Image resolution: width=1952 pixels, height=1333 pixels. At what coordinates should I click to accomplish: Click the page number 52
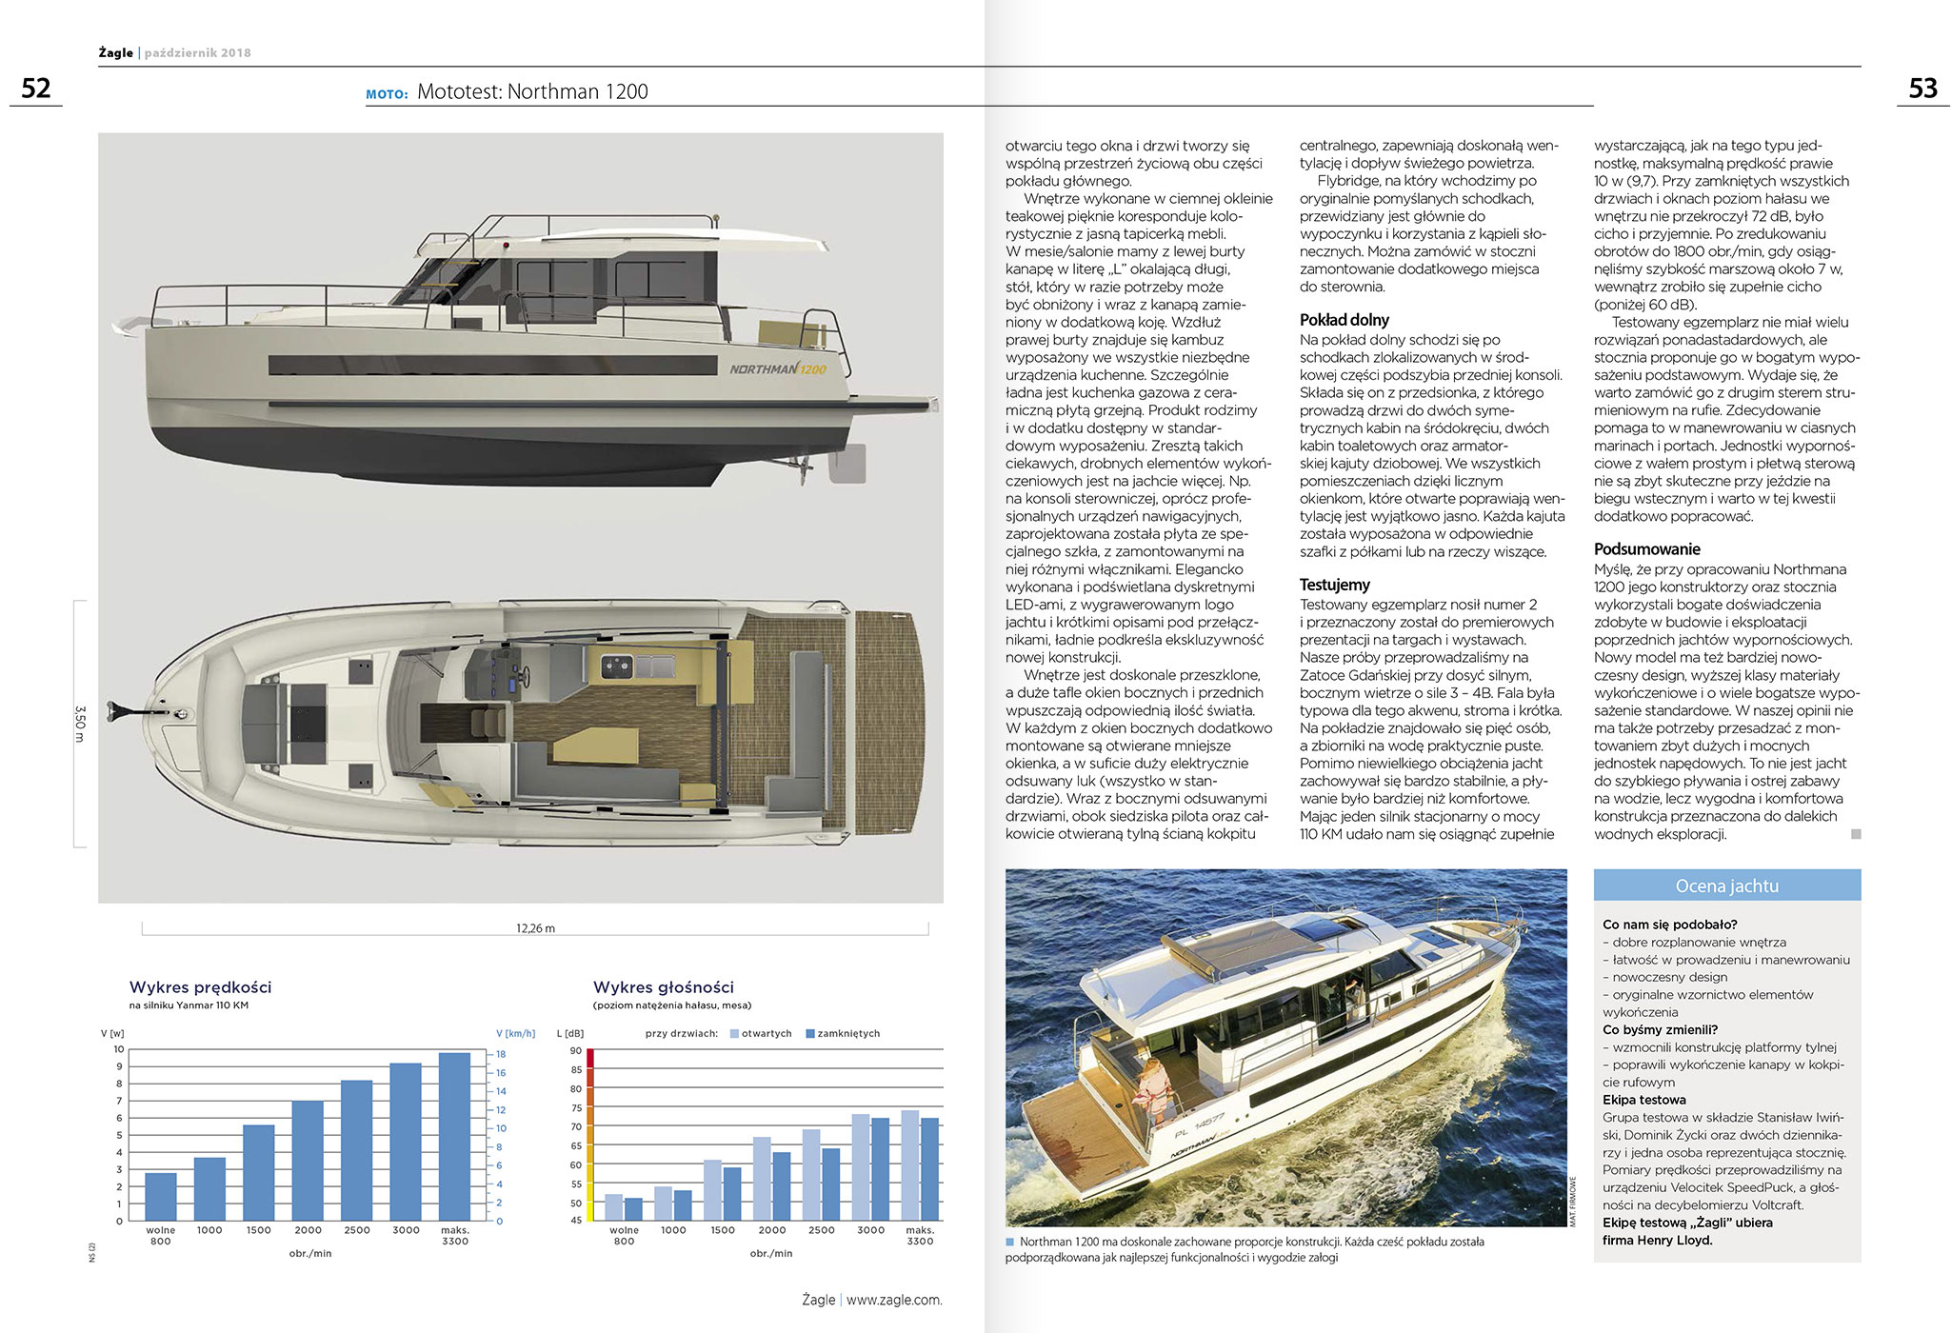pyautogui.click(x=36, y=89)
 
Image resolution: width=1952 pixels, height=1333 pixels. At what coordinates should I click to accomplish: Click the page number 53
pyautogui.click(x=1922, y=89)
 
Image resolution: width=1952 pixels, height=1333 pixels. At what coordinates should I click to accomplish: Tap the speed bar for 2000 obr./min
pyautogui.click(x=308, y=1160)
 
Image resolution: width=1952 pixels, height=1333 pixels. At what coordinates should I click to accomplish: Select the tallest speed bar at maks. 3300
pyautogui.click(x=455, y=1136)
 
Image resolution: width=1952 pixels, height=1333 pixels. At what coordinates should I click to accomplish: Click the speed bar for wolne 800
pyautogui.click(x=161, y=1196)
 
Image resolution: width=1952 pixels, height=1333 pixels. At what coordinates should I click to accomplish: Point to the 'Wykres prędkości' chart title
pyautogui.click(x=200, y=987)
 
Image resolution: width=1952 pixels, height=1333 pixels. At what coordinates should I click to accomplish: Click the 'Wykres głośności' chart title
pyautogui.click(x=664, y=987)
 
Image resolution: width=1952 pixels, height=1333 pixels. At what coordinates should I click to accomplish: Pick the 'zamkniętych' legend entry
pyautogui.click(x=844, y=1034)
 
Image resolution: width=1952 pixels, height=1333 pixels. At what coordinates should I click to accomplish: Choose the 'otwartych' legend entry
pyautogui.click(x=762, y=1034)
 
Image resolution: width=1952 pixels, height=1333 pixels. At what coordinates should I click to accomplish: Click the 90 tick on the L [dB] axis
pyautogui.click(x=576, y=1051)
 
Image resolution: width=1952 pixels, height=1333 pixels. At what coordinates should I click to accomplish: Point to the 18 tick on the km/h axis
pyautogui.click(x=501, y=1054)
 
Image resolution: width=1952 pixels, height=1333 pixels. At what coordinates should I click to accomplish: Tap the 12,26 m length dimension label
pyautogui.click(x=535, y=928)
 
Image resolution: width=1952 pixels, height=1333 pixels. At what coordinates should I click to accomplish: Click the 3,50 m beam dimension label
pyautogui.click(x=80, y=724)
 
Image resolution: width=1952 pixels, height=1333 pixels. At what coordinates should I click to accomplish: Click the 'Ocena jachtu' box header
pyautogui.click(x=1726, y=885)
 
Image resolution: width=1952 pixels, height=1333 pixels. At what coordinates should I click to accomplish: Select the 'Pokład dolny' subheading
pyautogui.click(x=1344, y=320)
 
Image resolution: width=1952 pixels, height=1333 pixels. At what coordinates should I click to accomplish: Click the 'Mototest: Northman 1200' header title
pyautogui.click(x=532, y=91)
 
